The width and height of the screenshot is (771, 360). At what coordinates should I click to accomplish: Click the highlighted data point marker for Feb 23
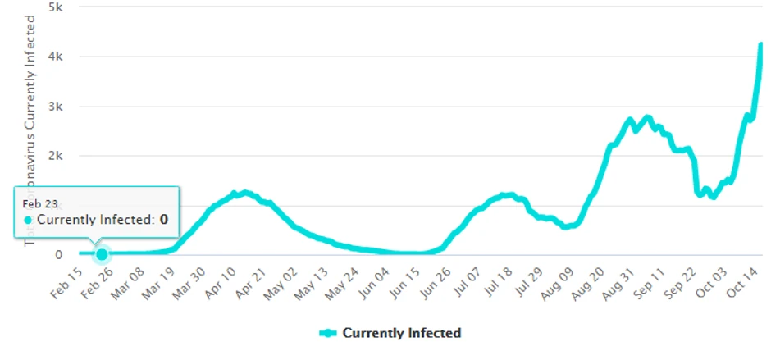click(102, 254)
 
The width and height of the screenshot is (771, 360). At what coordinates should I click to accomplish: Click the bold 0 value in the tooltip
click(164, 220)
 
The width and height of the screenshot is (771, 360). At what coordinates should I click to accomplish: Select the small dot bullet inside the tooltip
click(28, 220)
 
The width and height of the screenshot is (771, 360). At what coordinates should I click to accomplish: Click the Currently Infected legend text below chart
click(402, 333)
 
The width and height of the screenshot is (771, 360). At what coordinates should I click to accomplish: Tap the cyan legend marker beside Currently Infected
click(328, 333)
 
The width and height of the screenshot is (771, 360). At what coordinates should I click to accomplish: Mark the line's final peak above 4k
click(760, 44)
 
